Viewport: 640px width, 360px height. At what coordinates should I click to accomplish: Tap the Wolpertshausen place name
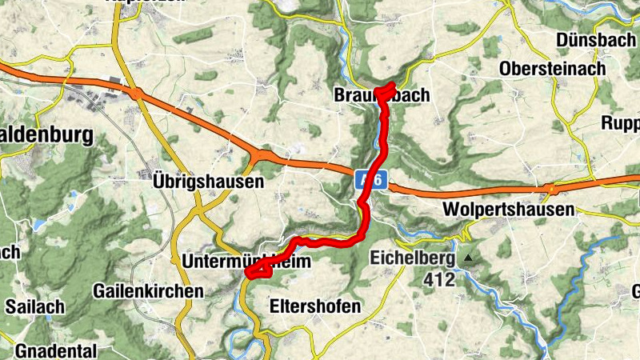tap(508, 210)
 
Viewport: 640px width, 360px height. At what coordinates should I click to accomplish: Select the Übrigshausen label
tap(207, 182)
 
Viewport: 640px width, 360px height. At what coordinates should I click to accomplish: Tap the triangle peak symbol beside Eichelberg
tap(468, 258)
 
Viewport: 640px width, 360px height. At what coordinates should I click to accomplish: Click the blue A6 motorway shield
tap(369, 181)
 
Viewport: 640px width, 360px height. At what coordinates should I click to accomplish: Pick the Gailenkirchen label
tap(148, 290)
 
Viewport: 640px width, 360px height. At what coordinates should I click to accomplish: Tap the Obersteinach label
tap(551, 70)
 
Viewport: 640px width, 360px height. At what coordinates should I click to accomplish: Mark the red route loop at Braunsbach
tap(385, 91)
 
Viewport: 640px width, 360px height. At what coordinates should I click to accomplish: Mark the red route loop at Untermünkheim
tap(259, 270)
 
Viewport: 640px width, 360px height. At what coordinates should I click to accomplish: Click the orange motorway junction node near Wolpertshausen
tap(549, 190)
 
